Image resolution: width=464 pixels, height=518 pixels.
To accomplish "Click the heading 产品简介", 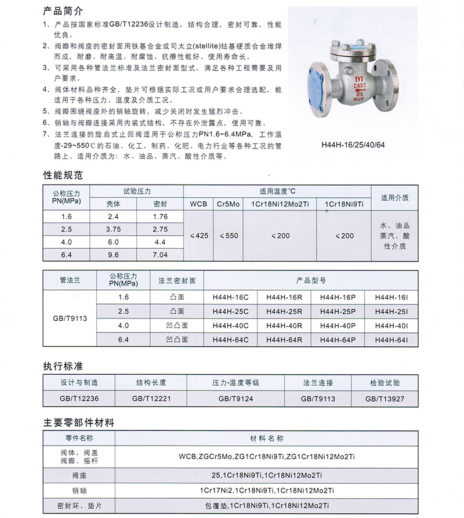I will [x=63, y=12].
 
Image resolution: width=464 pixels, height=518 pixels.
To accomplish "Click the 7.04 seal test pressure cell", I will [x=159, y=255].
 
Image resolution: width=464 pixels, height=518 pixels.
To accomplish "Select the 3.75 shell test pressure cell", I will [x=113, y=229].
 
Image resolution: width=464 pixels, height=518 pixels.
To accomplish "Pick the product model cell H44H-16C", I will [x=230, y=297].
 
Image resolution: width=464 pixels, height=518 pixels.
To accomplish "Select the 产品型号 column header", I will [x=311, y=281].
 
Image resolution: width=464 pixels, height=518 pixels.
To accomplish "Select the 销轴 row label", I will [x=78, y=491].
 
